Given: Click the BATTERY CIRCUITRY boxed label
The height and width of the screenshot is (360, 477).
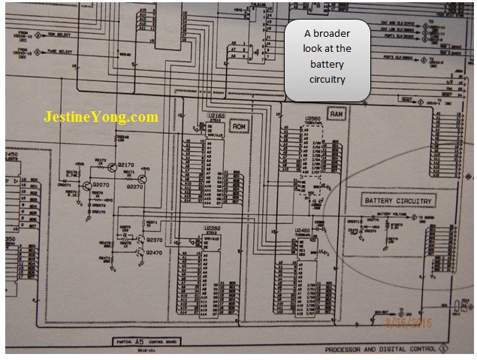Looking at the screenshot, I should (398, 201).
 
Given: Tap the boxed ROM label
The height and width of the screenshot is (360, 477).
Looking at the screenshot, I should (239, 127).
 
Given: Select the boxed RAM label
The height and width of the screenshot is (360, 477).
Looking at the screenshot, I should (337, 113).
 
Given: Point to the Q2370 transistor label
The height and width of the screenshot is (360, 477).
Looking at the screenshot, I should (155, 240).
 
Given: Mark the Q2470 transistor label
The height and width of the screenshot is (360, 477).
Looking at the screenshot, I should (155, 254).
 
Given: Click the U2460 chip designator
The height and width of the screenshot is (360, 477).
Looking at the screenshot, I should (302, 230).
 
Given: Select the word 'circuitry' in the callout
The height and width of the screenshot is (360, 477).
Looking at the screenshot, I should (327, 77).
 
